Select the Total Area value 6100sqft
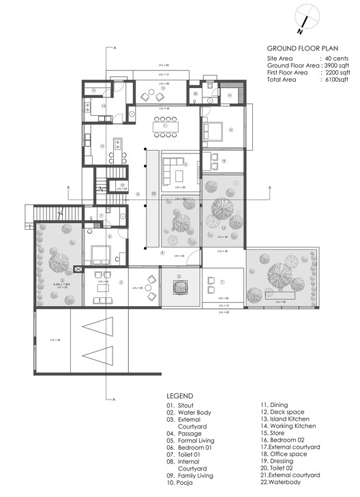tap(335, 80)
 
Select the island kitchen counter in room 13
tap(117, 145)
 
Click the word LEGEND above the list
tap(180, 396)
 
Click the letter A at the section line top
tap(116, 48)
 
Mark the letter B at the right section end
tap(270, 187)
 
